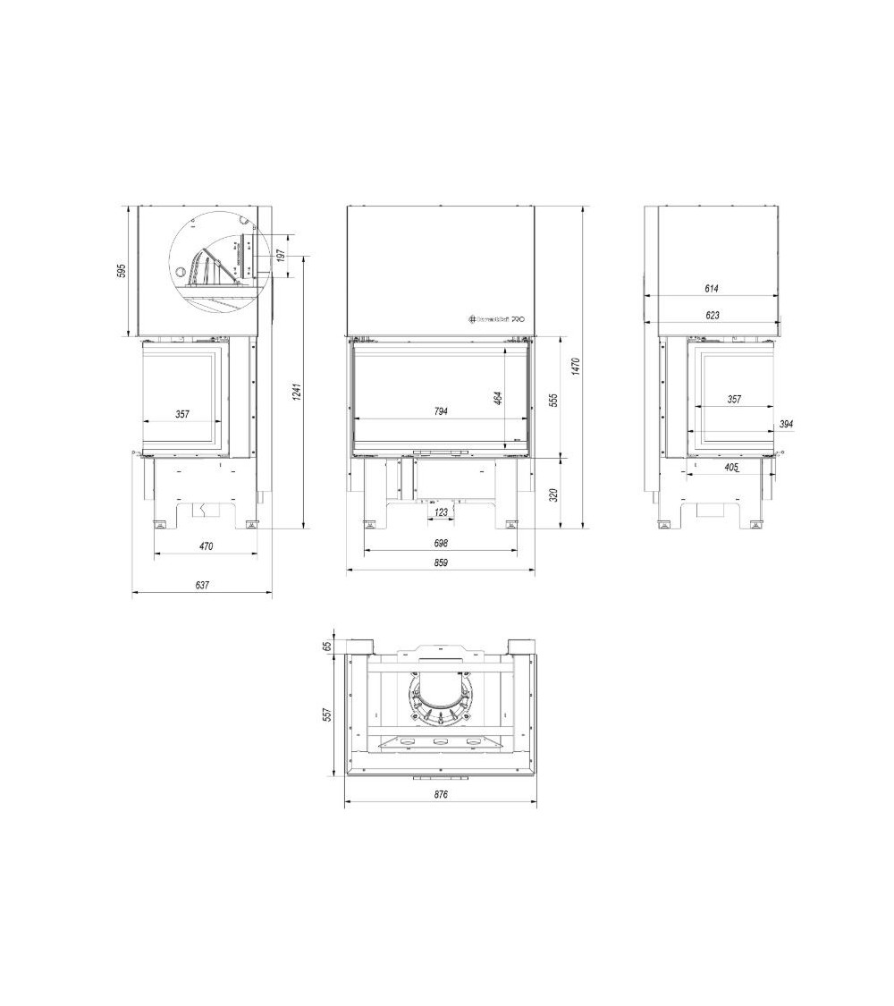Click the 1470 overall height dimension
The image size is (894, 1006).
(577, 366)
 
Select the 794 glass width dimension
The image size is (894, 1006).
(441, 411)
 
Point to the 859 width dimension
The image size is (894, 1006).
(441, 562)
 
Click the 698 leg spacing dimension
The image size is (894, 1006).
(441, 543)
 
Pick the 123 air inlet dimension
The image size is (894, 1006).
(439, 512)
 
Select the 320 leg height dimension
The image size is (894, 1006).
(555, 494)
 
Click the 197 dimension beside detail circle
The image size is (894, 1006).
(281, 256)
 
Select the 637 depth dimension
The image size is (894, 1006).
(201, 585)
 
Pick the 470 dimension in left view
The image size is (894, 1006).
(206, 545)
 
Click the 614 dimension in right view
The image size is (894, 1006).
(712, 289)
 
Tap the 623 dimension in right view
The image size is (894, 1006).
(712, 315)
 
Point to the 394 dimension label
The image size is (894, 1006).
(787, 424)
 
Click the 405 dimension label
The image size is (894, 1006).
(731, 467)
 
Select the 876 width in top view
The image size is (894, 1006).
(440, 794)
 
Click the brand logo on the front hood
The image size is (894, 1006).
(496, 317)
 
